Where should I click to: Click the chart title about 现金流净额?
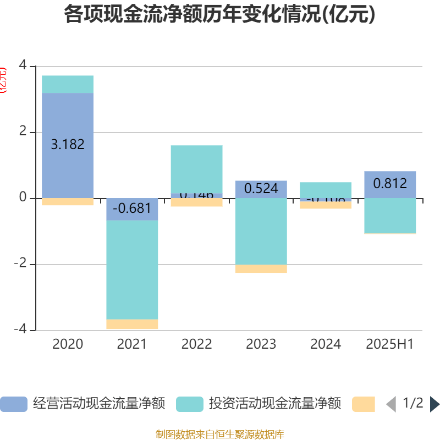coord(219,15)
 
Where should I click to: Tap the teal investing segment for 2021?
coord(132,269)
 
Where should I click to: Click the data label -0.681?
coord(132,208)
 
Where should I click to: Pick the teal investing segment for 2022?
coord(196,169)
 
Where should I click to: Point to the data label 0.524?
coord(261,189)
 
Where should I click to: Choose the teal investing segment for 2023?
coord(261,231)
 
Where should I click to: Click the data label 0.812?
coord(390,183)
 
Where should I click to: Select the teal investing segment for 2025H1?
coord(390,216)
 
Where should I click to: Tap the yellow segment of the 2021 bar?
coord(132,324)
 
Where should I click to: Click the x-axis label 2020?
coord(68,344)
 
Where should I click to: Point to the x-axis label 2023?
coord(261,344)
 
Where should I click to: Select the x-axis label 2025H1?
coord(390,344)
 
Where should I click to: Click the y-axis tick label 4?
coord(22,65)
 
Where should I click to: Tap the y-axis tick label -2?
coord(20,264)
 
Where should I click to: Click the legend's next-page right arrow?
coord(435,404)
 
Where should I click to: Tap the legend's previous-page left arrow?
coord(391,404)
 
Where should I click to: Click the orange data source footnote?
coord(220,435)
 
